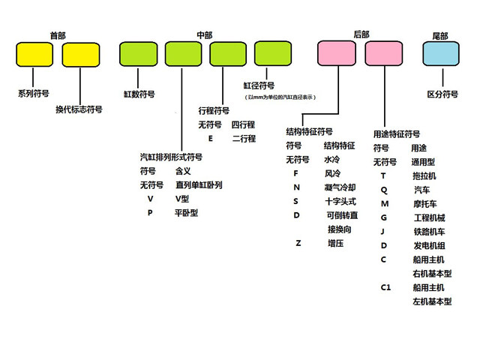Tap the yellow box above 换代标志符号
click(x=80, y=55)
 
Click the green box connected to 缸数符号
click(x=138, y=54)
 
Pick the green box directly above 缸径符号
click(x=273, y=54)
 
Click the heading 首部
click(x=58, y=35)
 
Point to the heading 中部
click(x=205, y=35)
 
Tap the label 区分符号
click(x=442, y=94)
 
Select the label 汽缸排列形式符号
click(x=171, y=157)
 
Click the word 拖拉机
click(x=424, y=175)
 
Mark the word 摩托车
click(x=424, y=203)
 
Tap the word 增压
click(x=335, y=244)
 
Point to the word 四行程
click(x=243, y=124)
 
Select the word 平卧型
click(x=186, y=212)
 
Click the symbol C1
click(x=385, y=287)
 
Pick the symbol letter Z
click(x=298, y=244)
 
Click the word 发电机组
click(x=429, y=245)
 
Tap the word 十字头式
click(x=340, y=201)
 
